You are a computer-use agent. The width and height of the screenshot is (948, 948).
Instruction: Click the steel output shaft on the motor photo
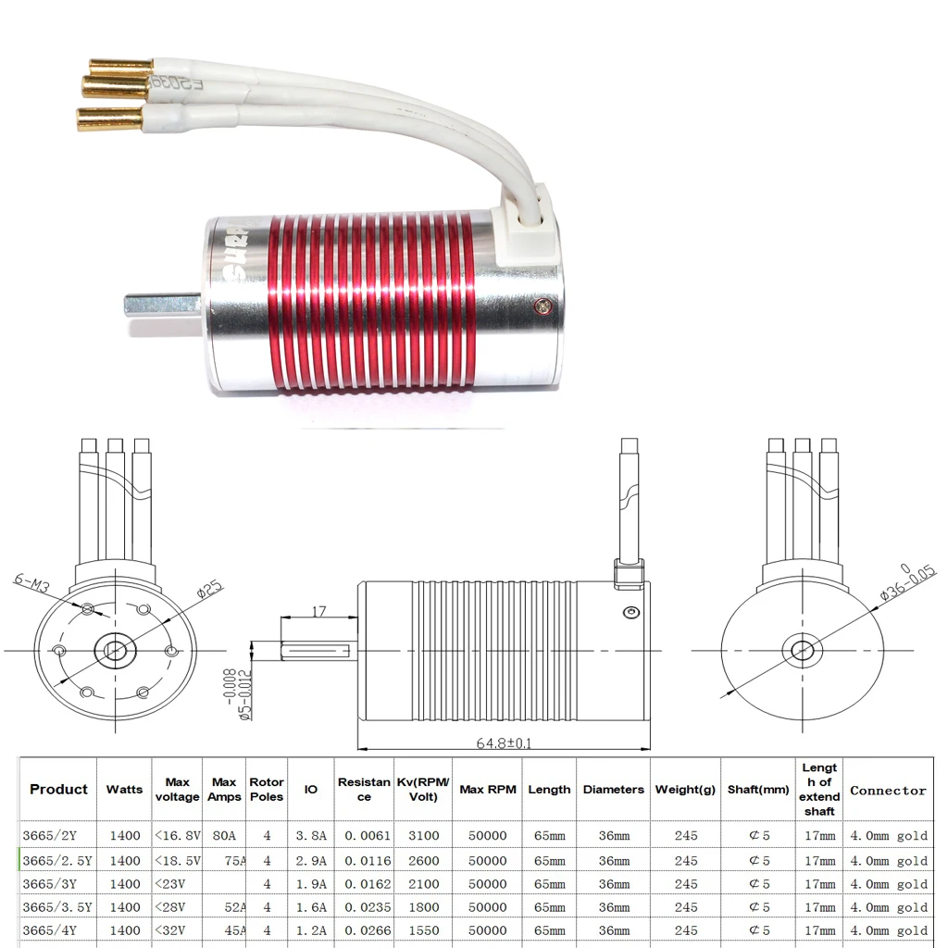click(162, 302)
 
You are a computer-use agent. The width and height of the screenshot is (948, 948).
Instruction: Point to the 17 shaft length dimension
click(318, 611)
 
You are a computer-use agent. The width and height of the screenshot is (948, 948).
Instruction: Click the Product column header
click(58, 790)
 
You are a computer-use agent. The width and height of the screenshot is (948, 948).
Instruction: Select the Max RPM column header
click(488, 790)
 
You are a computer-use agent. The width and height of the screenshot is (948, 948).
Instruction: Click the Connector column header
click(888, 791)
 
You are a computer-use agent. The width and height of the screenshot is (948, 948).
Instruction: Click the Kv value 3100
click(423, 836)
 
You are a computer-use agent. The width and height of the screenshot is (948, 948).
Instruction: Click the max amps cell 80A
click(224, 836)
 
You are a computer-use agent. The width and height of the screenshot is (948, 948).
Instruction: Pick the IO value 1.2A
click(310, 930)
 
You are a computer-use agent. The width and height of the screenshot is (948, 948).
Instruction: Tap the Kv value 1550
click(423, 930)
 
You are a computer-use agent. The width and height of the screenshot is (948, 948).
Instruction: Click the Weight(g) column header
click(686, 790)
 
